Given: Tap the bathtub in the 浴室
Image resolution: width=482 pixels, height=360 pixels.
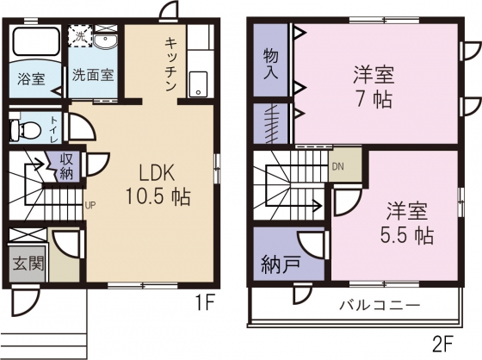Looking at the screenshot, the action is [36, 41].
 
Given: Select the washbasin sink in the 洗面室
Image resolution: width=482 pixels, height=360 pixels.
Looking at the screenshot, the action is [105, 40].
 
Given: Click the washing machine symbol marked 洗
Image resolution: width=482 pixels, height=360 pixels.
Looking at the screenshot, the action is [80, 36].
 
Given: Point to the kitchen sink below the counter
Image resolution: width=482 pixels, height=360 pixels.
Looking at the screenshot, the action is [198, 84].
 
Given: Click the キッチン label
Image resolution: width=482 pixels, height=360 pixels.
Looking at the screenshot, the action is [170, 65].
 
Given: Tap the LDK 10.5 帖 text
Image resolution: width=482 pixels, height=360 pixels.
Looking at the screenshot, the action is [158, 184].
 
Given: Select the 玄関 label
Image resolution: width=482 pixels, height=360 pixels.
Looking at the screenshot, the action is [28, 263].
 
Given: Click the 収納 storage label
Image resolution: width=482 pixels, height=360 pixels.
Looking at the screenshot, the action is [66, 166].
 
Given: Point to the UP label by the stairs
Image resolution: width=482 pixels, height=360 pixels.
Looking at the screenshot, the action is [90, 205].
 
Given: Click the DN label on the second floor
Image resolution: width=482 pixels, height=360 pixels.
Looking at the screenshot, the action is [337, 167].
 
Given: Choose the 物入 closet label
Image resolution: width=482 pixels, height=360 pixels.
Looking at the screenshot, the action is [271, 65].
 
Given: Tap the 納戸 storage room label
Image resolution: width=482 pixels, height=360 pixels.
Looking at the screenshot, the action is [281, 265].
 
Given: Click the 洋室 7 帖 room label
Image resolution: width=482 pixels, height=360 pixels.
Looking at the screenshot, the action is [374, 87].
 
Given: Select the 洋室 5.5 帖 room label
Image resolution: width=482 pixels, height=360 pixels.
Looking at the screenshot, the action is [406, 223].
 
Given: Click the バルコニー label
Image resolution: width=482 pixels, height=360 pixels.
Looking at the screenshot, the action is [380, 306].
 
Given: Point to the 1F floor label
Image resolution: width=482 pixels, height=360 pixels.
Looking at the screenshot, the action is [204, 303].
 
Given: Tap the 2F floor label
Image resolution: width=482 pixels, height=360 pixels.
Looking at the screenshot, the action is [443, 344].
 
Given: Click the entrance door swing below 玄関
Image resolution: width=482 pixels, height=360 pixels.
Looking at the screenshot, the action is [25, 300].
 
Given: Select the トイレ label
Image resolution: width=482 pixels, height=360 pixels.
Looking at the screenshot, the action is [54, 129].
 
